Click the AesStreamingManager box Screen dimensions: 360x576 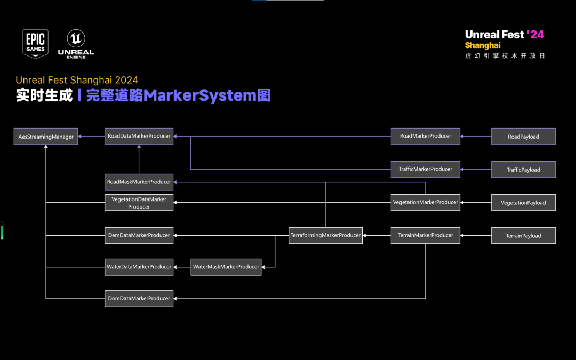[46, 137]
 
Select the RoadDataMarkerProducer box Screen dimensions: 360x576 [139, 136]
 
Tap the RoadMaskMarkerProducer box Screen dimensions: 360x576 [139, 182]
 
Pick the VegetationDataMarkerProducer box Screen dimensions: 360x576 [139, 203]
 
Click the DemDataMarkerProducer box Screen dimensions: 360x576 [139, 235]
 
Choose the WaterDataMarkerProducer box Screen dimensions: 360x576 [139, 267]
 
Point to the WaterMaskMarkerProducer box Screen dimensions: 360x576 [226, 267]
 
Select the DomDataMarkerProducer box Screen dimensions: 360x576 [139, 298]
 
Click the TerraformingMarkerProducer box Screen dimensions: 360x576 [325, 235]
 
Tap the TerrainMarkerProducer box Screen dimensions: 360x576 [425, 235]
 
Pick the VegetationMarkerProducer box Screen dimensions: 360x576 [425, 202]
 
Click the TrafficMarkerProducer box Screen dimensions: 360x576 [425, 169]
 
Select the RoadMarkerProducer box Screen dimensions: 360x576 [425, 136]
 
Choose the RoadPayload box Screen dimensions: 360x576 [523, 137]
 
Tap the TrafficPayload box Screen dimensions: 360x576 [523, 170]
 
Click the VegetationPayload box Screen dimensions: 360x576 [523, 203]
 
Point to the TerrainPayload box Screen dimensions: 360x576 [523, 236]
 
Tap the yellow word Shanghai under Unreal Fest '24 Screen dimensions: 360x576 [483, 45]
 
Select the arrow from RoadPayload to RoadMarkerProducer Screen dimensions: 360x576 [476, 137]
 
